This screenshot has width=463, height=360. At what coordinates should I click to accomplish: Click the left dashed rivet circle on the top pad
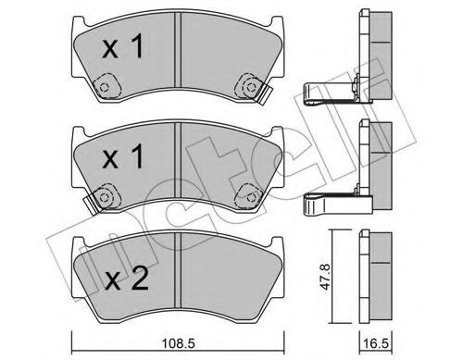pyautogui.click(x=104, y=88)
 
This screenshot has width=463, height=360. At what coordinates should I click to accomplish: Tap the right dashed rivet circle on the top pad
pyautogui.click(x=247, y=87)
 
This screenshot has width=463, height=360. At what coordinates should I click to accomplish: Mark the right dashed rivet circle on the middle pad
pyautogui.click(x=247, y=194)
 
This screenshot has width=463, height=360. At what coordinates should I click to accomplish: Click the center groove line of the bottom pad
pyautogui.click(x=177, y=273)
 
